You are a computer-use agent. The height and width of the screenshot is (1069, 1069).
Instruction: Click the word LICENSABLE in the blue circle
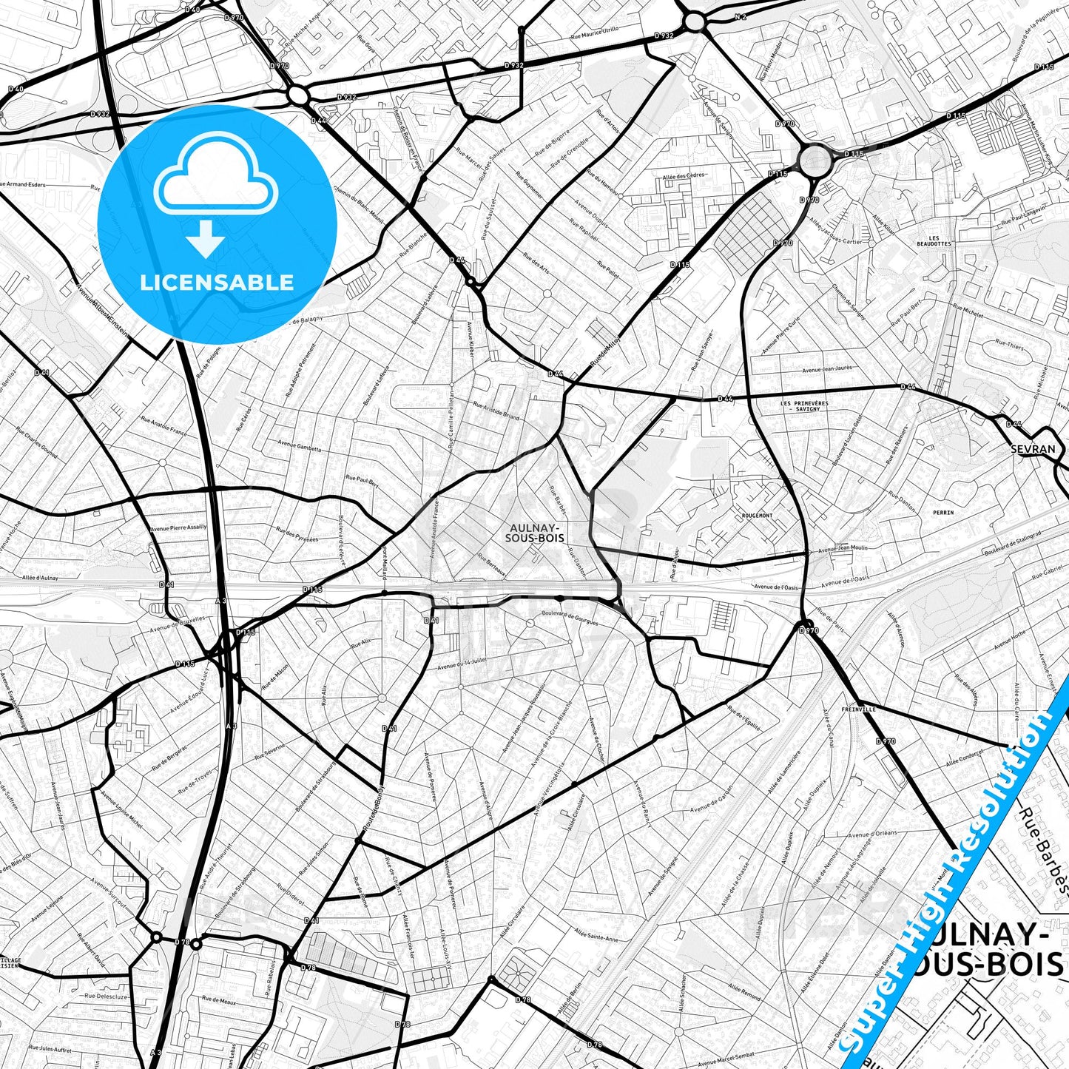coord(217,282)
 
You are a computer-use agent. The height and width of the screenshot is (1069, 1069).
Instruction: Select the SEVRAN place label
coord(1033,449)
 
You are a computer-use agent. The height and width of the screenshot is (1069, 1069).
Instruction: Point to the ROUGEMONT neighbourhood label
coord(757,516)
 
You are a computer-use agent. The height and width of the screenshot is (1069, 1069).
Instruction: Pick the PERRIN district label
coord(943,512)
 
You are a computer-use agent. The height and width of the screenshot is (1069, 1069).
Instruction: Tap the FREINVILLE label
coord(858,709)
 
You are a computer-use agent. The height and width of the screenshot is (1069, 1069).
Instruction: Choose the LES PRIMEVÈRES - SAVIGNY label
coord(804,405)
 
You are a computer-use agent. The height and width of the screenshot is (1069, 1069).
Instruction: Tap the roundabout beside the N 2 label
coord(695,22)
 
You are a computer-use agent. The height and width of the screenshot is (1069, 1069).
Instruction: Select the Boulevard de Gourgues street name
coord(569,618)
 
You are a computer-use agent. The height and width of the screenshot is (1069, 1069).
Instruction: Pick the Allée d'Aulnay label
coord(40,577)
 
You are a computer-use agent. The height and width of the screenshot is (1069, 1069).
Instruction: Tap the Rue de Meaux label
coord(220,1000)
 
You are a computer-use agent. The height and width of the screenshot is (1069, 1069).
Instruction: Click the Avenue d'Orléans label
coord(872,834)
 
